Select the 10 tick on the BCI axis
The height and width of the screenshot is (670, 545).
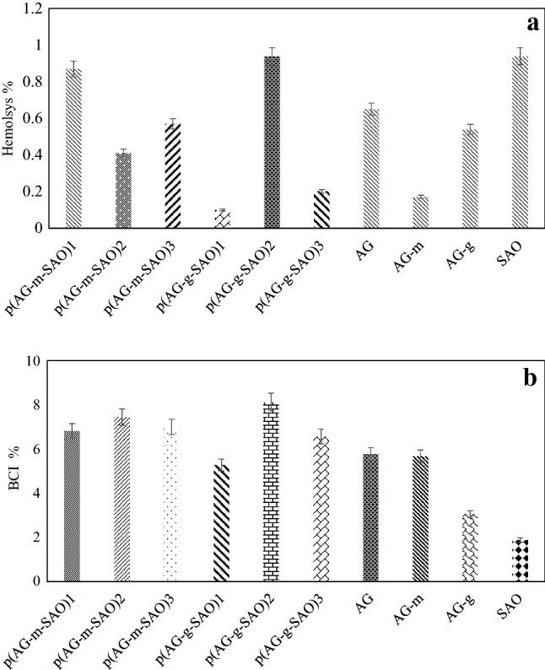33,361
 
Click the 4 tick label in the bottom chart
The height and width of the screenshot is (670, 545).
36,493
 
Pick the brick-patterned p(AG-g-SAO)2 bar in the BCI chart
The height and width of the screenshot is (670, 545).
272,492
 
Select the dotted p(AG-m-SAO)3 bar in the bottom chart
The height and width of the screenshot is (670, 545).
173,505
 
